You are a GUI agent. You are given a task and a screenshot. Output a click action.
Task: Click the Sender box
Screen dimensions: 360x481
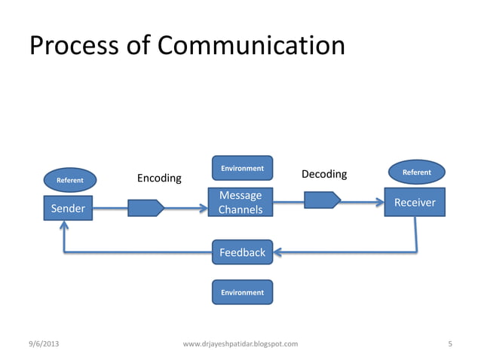click(x=67, y=208)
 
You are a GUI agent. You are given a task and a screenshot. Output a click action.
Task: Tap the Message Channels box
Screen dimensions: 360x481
click(x=240, y=203)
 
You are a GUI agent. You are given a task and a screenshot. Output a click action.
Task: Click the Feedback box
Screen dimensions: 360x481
click(x=242, y=252)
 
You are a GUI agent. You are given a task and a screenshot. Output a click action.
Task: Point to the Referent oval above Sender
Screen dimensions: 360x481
click(x=70, y=180)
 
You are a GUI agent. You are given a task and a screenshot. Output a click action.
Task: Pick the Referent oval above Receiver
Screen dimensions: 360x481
click(x=416, y=172)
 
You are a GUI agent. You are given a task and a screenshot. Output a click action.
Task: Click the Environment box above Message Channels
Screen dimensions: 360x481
click(x=242, y=168)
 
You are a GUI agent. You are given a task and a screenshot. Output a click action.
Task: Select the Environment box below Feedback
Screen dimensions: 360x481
click(x=242, y=291)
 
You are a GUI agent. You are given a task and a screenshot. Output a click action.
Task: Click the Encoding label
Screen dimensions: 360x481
click(x=159, y=178)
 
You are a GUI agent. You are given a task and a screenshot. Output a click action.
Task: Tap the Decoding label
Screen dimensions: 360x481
click(x=324, y=175)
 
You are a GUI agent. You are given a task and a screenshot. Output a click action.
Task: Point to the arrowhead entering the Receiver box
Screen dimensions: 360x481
click(x=378, y=202)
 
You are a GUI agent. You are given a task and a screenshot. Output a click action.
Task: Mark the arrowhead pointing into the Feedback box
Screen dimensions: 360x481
click(x=277, y=252)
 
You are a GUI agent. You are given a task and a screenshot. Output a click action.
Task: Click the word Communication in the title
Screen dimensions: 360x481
click(x=251, y=47)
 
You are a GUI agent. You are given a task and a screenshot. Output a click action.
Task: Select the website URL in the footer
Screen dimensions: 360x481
click(x=240, y=344)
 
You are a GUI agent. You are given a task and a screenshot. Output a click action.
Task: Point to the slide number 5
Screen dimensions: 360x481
click(x=449, y=344)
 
